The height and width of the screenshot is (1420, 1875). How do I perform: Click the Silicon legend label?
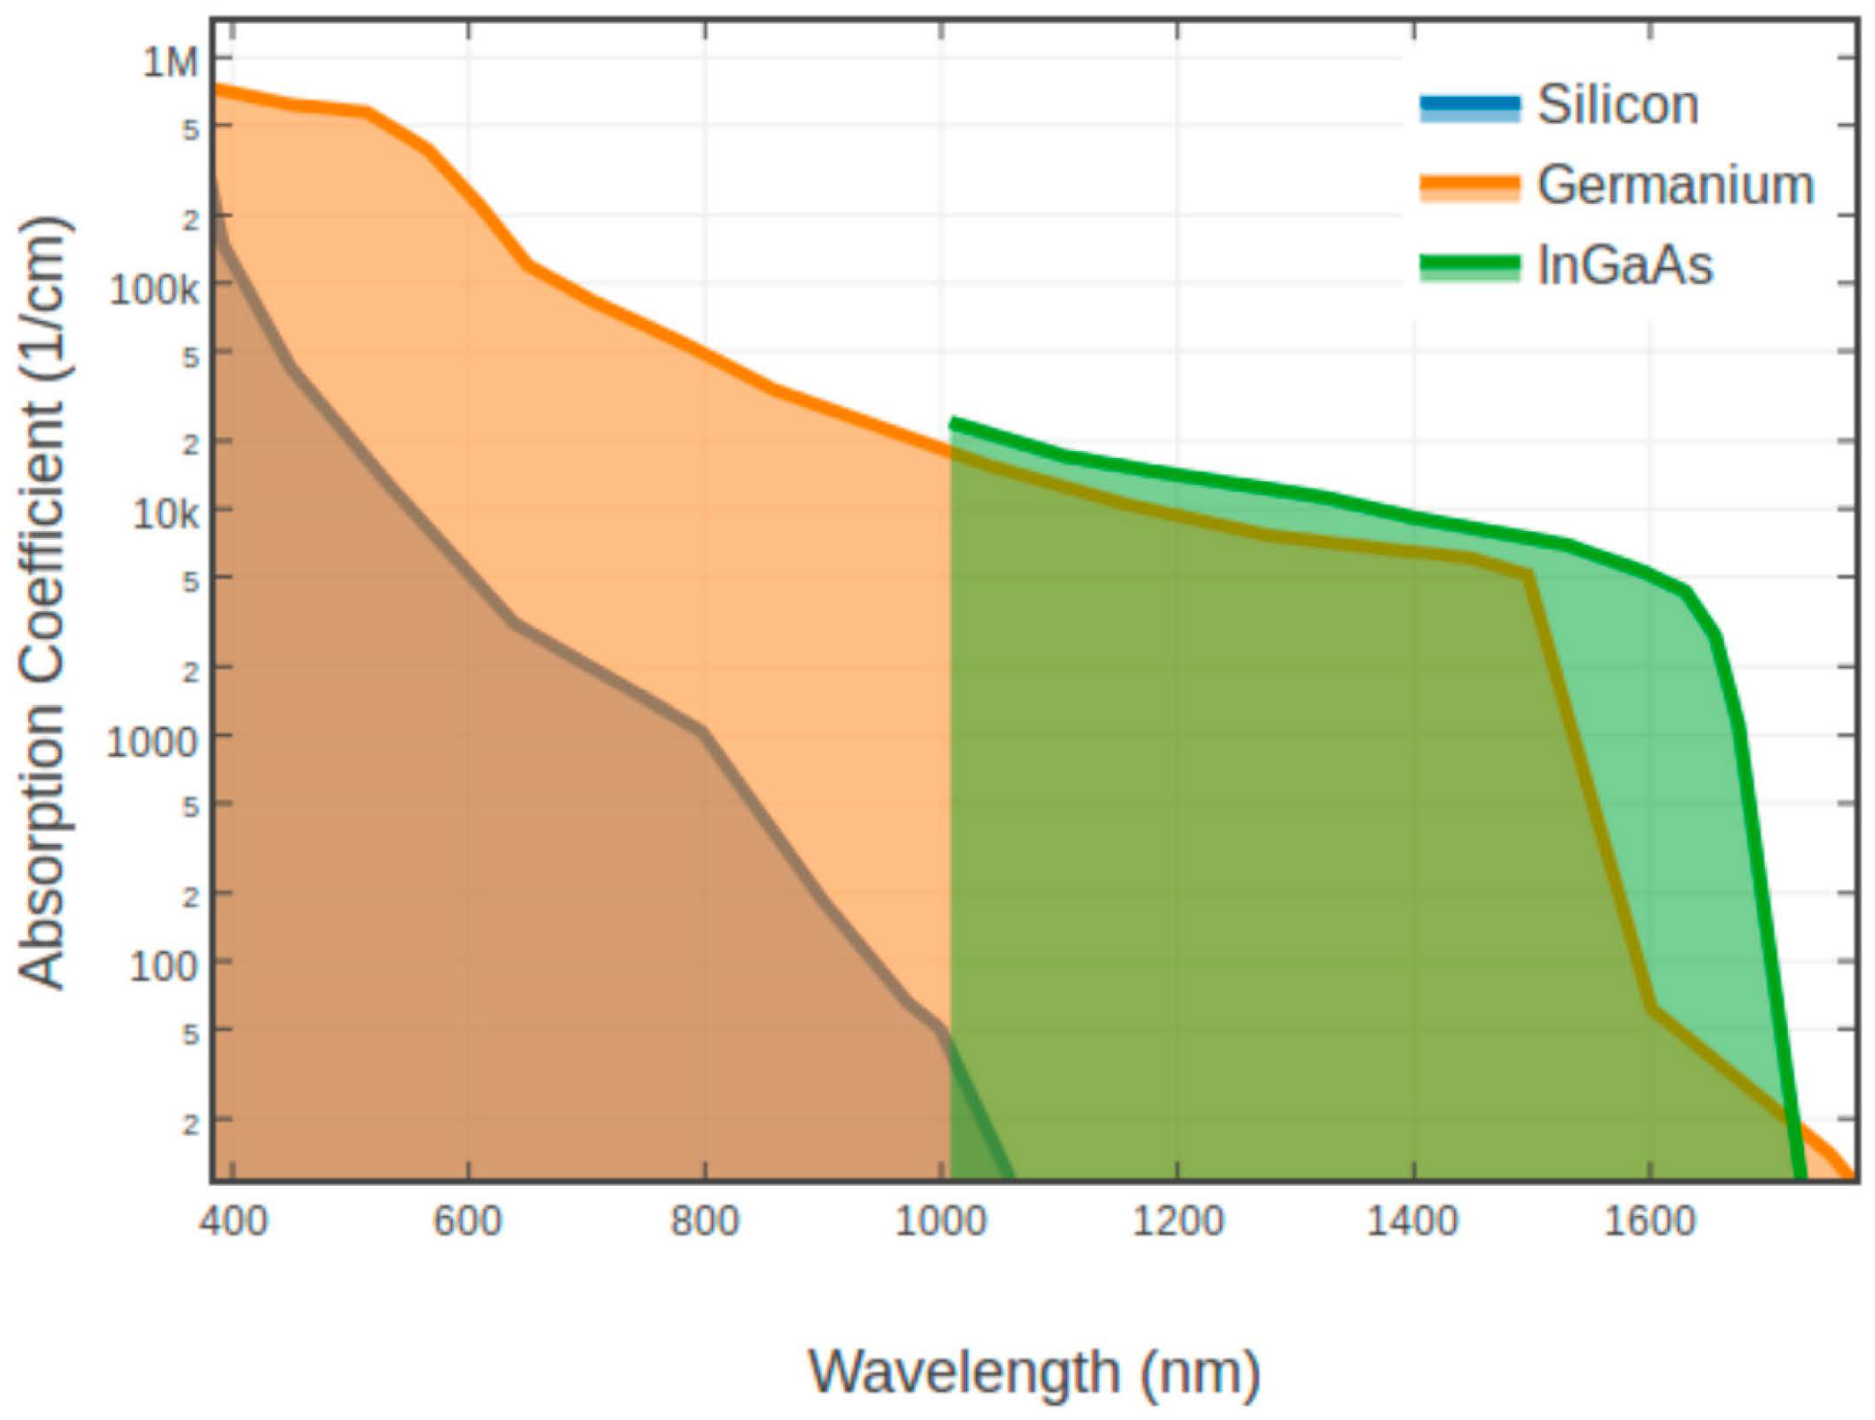(x=1617, y=106)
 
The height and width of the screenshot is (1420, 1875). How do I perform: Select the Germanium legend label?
(x=1675, y=186)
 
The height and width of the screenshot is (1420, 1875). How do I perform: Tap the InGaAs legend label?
(x=1624, y=265)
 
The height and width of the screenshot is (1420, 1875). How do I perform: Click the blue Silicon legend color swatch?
(x=1469, y=107)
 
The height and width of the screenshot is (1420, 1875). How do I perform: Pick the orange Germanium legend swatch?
(x=1469, y=186)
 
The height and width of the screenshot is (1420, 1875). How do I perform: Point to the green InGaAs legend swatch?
(x=1469, y=266)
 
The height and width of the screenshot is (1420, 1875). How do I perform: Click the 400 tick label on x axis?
(x=233, y=1221)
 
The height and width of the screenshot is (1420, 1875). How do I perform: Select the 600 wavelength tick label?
(x=468, y=1221)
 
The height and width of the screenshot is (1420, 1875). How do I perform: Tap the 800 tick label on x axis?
(x=704, y=1221)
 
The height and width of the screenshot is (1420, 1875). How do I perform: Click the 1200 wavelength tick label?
(x=1177, y=1221)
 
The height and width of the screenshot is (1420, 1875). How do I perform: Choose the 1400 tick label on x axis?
(x=1413, y=1221)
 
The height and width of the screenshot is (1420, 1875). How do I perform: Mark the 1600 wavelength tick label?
(x=1649, y=1221)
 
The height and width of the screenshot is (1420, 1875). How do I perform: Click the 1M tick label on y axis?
(x=171, y=62)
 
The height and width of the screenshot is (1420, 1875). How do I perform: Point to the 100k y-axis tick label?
(x=154, y=288)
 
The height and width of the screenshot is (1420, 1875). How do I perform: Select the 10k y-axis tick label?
(x=165, y=514)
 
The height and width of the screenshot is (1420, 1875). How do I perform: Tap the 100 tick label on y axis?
(x=164, y=966)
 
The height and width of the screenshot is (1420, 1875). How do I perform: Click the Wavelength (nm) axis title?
(x=1034, y=1371)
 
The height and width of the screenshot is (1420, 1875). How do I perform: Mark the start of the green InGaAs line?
(x=953, y=424)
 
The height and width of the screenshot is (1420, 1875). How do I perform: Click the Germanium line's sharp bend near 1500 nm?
(x=1530, y=573)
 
